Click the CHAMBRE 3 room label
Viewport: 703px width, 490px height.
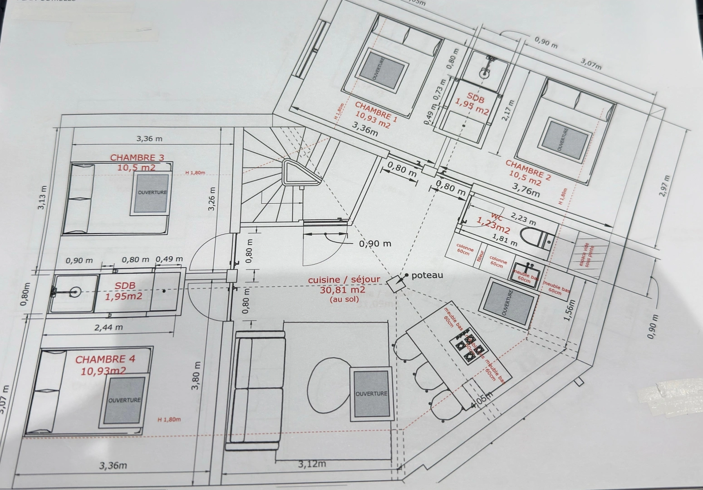pyautogui.click(x=137, y=157)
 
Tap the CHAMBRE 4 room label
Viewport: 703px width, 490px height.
pyautogui.click(x=105, y=359)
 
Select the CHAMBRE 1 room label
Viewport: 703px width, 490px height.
pyautogui.click(x=376, y=112)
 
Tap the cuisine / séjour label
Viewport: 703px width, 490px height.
pyautogui.click(x=344, y=280)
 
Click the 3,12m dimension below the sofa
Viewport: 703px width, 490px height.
pyautogui.click(x=312, y=464)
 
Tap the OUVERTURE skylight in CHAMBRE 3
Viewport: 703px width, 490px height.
pyautogui.click(x=152, y=192)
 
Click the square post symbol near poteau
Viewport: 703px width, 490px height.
pyautogui.click(x=394, y=283)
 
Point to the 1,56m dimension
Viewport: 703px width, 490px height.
pyautogui.click(x=570, y=310)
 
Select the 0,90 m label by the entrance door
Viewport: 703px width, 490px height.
pyautogui.click(x=375, y=244)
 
